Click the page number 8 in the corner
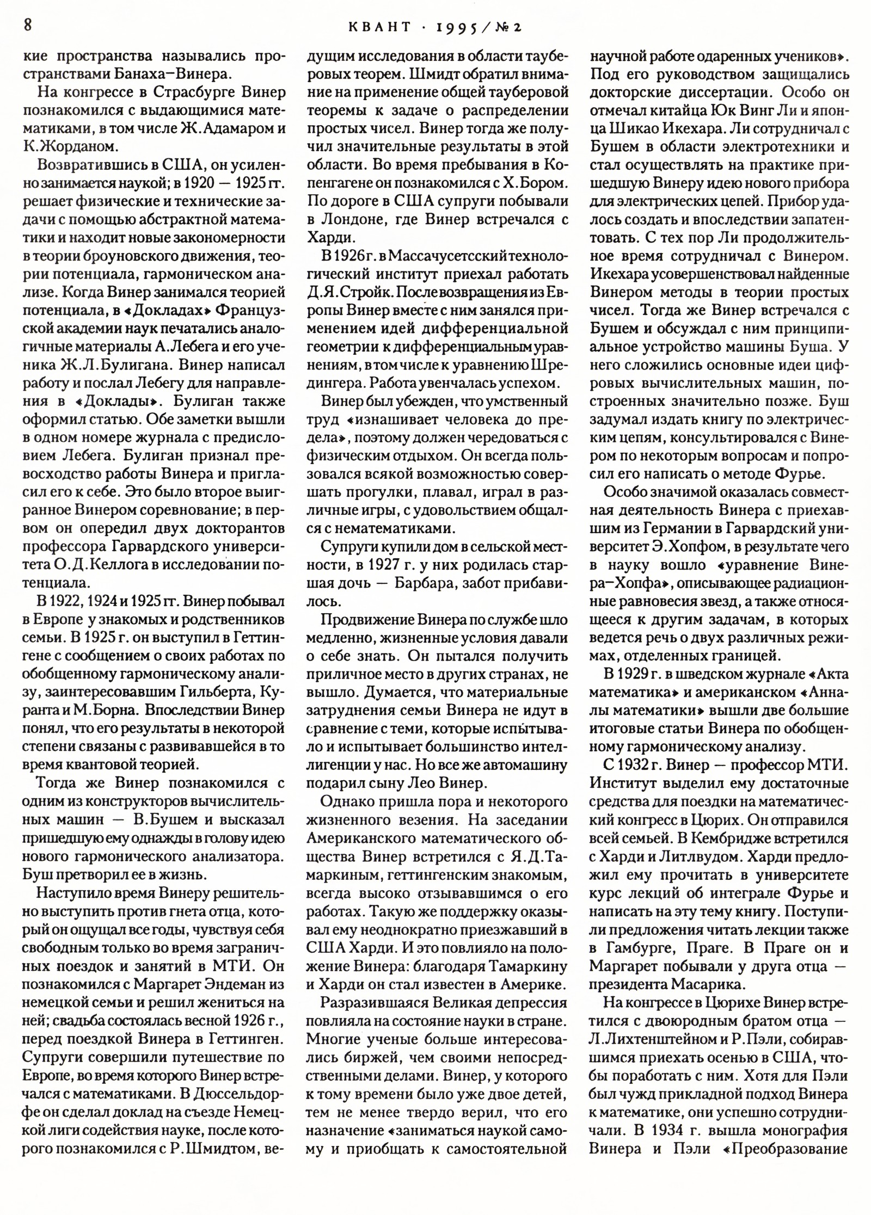tap(28, 26)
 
